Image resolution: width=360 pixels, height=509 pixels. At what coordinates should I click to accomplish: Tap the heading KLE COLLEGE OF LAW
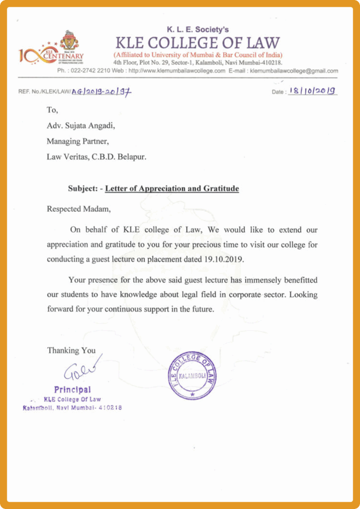pos(197,43)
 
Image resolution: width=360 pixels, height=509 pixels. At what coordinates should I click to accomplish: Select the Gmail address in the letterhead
pos(294,71)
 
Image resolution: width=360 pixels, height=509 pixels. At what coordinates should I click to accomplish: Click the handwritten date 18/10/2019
pos(312,91)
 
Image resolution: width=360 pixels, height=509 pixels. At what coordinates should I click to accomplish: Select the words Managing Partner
pos(78,141)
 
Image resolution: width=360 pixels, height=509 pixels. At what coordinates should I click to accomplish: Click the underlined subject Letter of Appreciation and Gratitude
pos(172,189)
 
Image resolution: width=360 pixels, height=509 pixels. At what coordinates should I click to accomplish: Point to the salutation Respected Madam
pos(79,209)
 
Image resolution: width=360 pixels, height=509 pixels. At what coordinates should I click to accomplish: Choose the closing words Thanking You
pos(71,350)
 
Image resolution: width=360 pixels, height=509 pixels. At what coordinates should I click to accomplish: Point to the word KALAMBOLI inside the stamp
pos(192,375)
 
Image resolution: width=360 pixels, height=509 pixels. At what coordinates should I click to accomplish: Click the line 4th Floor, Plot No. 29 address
pos(197,63)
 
